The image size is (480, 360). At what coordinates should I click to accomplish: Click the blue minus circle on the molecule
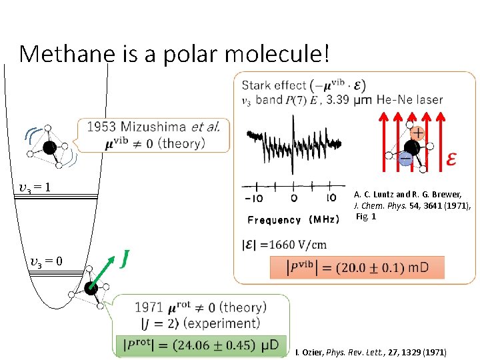pyautogui.click(x=405, y=159)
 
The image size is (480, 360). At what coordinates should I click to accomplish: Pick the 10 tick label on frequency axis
pyautogui.click(x=331, y=198)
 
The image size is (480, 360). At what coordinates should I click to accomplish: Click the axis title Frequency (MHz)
pyautogui.click(x=293, y=219)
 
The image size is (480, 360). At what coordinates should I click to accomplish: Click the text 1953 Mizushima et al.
pyautogui.click(x=153, y=127)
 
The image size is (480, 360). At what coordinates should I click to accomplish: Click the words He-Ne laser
pyautogui.click(x=409, y=99)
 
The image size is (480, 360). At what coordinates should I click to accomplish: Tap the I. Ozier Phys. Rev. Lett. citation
pyautogui.click(x=370, y=352)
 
